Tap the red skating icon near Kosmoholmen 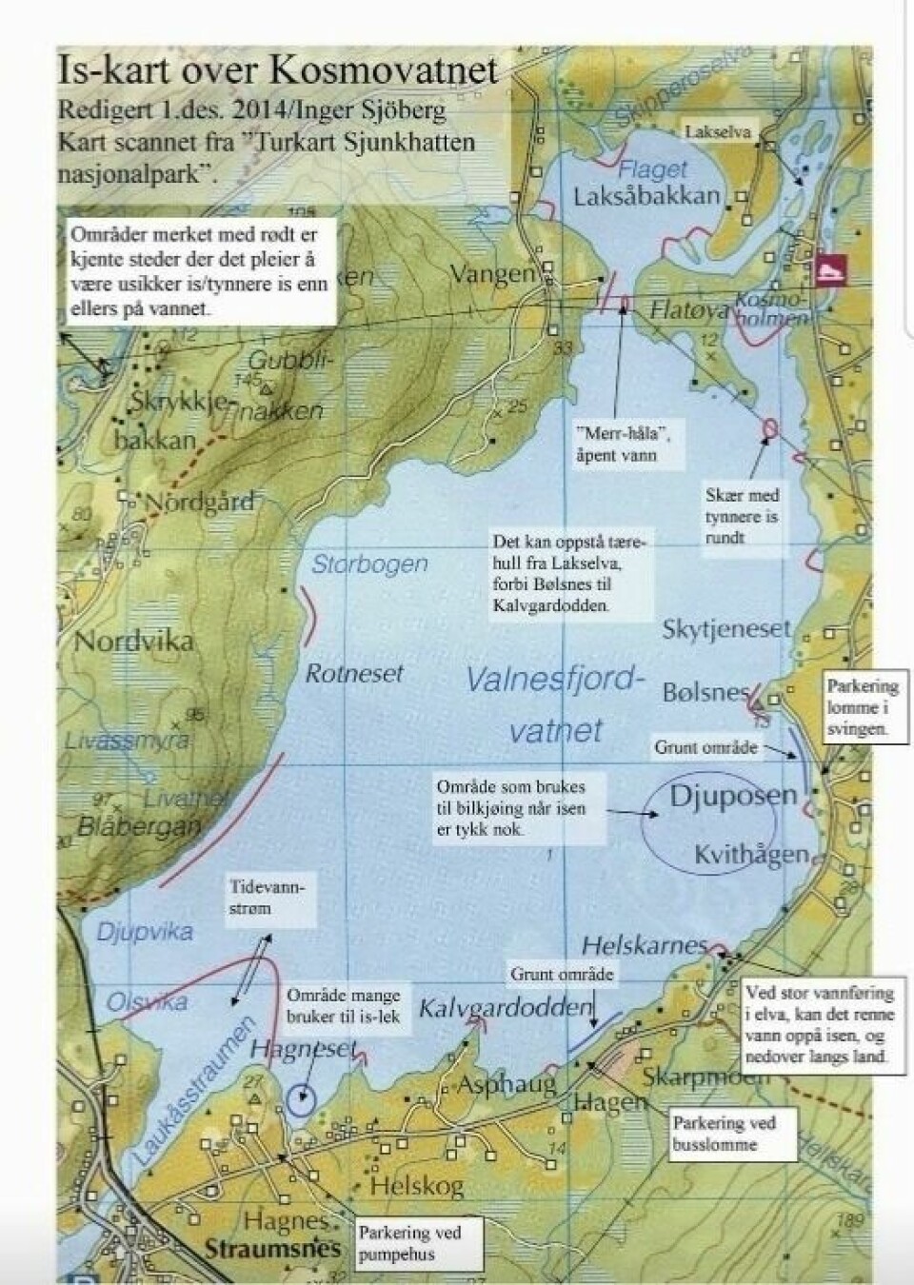tap(829, 269)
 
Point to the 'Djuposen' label tap(732, 796)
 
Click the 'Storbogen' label tap(369, 563)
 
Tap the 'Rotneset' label tap(354, 674)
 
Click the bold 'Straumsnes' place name tap(271, 1249)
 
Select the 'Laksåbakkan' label tap(646, 197)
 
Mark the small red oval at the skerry tap(768, 430)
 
